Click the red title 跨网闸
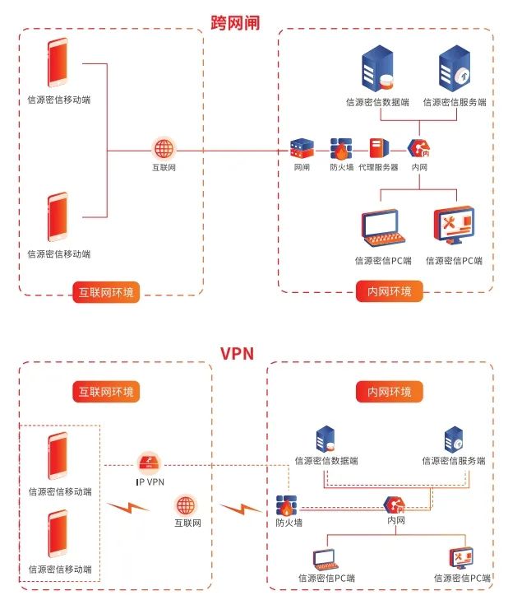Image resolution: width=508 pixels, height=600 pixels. (x=235, y=22)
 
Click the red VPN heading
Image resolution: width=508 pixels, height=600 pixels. (x=237, y=354)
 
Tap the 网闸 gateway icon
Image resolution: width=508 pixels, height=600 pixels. (x=302, y=149)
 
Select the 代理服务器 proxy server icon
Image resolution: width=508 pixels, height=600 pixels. (x=378, y=149)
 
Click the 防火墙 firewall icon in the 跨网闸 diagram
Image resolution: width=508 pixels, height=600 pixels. (x=341, y=149)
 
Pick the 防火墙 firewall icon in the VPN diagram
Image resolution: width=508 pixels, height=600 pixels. (x=286, y=505)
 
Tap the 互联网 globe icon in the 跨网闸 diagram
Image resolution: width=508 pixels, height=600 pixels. (x=164, y=149)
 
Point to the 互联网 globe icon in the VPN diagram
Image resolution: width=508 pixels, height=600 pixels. (x=187, y=505)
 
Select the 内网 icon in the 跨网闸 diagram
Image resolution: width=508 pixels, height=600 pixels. (x=419, y=149)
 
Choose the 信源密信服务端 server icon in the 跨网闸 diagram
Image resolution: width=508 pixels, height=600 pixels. (x=454, y=70)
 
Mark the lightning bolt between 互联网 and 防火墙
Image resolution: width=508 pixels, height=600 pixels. (x=240, y=507)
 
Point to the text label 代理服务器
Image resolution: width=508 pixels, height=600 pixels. (x=378, y=168)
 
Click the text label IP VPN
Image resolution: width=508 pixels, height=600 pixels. (x=150, y=481)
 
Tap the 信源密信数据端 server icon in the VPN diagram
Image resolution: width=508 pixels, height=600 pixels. (x=326, y=439)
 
